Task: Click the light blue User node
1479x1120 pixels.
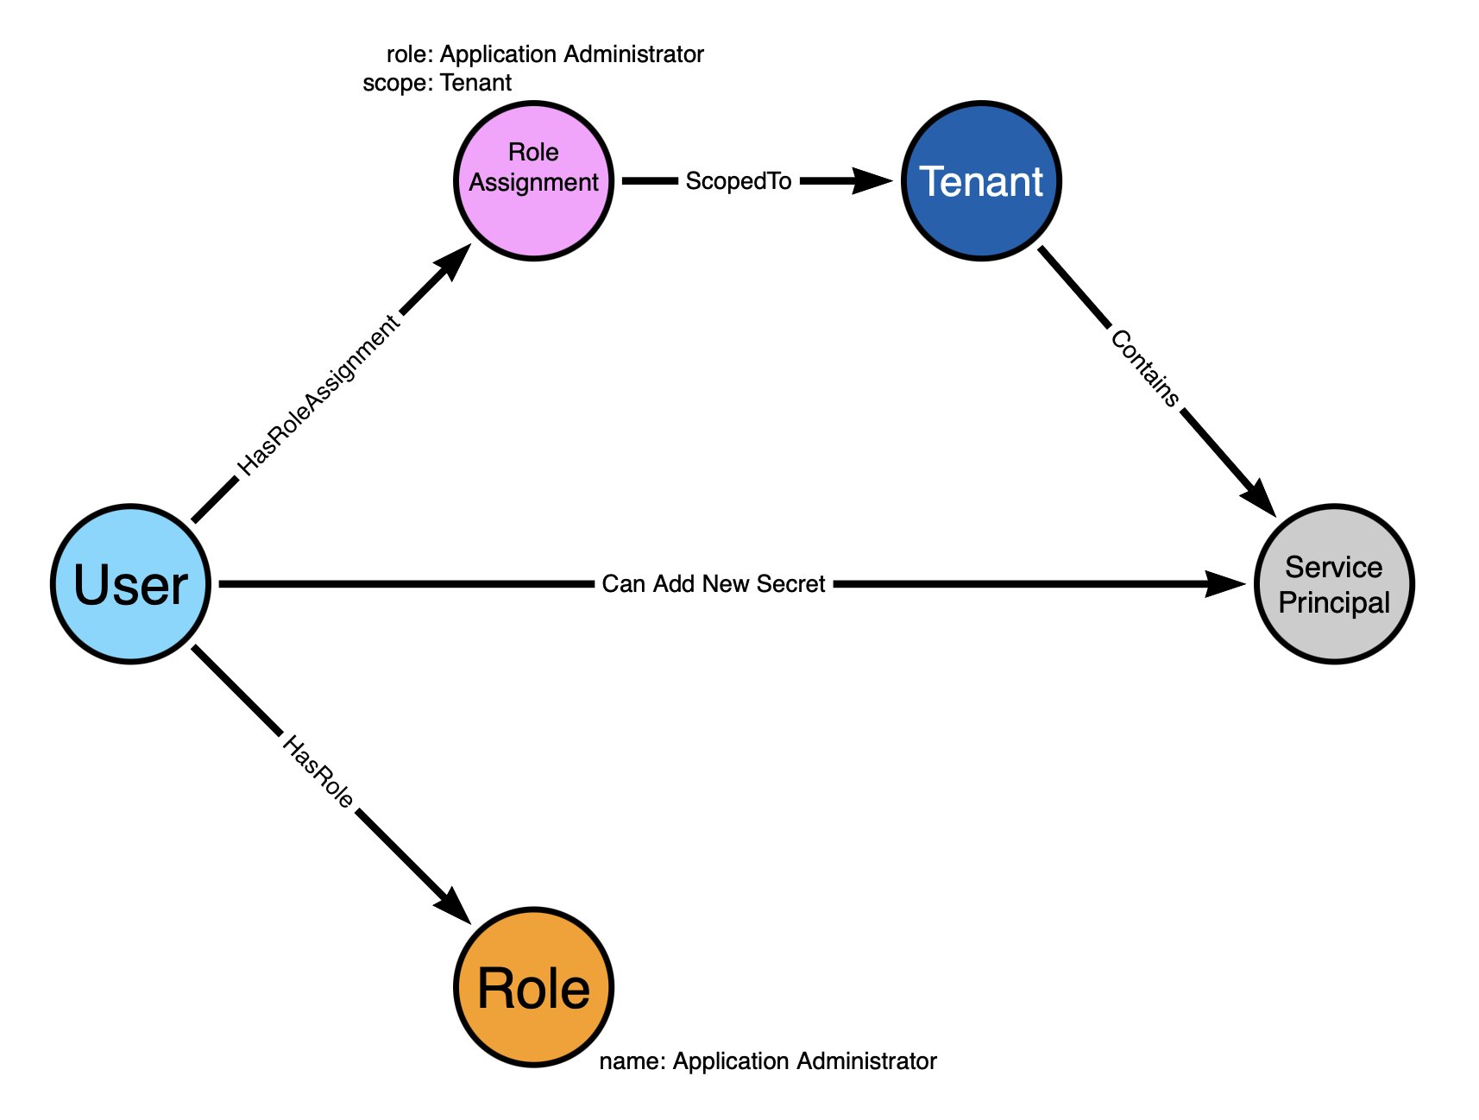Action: [x=130, y=584]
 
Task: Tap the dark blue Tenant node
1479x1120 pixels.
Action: [x=981, y=181]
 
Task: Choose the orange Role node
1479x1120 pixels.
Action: [x=533, y=988]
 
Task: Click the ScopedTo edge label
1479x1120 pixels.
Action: [x=739, y=181]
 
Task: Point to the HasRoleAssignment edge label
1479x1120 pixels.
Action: [x=318, y=396]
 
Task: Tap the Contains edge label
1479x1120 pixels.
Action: [x=1144, y=368]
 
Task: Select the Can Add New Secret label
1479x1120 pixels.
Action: [x=714, y=584]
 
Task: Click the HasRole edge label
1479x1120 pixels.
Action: [x=318, y=772]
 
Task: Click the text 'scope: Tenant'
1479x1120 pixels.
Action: [x=437, y=83]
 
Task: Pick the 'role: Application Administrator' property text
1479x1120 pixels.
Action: [x=544, y=54]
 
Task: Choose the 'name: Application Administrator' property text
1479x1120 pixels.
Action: [x=767, y=1060]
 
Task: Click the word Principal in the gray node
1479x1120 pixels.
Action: [x=1334, y=602]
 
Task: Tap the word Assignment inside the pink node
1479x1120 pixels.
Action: [x=533, y=183]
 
